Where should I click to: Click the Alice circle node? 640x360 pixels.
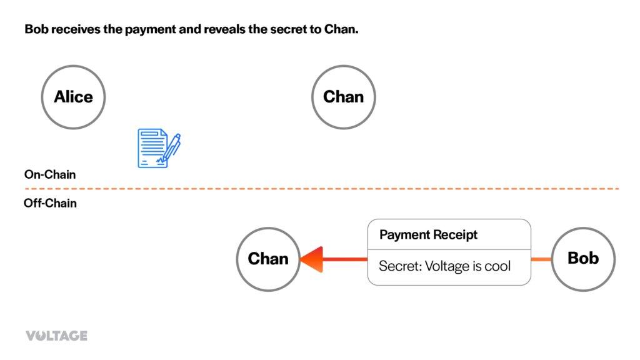pos(73,97)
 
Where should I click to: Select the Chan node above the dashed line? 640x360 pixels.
pos(343,97)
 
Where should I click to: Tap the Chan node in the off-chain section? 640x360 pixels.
pos(268,259)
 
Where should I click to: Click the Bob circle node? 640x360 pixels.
pos(583,258)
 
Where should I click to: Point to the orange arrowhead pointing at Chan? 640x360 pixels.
pos(311,259)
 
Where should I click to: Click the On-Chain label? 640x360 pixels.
pos(50,174)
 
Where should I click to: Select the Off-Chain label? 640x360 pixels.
pos(50,203)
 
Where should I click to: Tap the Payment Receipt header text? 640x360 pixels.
pos(428,235)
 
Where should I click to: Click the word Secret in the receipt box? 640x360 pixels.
pos(399,266)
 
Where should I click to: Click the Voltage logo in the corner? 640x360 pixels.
pos(56,336)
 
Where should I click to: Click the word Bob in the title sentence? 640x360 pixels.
pos(35,29)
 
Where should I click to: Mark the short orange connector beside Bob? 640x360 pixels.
pos(541,259)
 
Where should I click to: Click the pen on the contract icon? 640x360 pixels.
pos(171,146)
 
